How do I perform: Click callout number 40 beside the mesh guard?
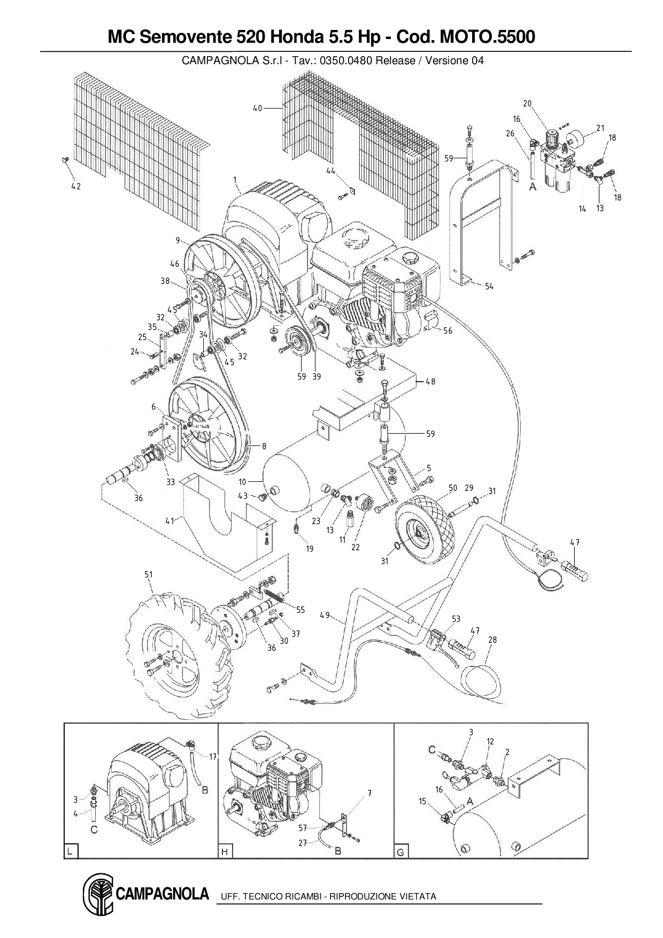point(257,109)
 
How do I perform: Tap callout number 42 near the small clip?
point(76,187)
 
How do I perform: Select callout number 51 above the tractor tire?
point(148,575)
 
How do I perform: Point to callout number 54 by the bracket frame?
point(489,287)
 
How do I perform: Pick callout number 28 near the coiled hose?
point(492,640)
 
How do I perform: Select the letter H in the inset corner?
point(225,851)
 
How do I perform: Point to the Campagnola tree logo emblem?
point(97,895)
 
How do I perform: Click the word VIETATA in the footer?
point(418,896)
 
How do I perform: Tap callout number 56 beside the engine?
point(448,331)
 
